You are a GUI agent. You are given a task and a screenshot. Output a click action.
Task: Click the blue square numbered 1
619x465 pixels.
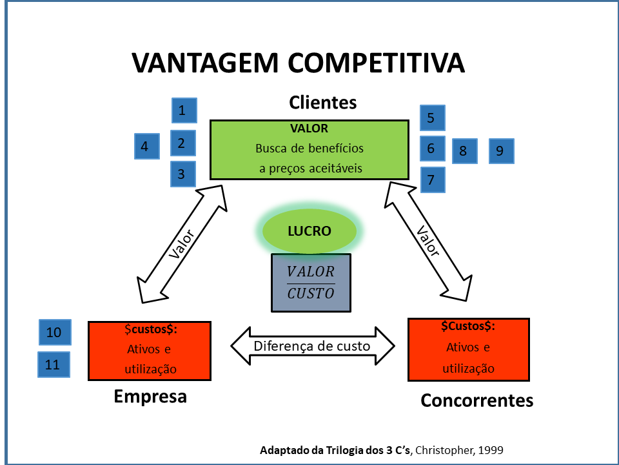coord(184,110)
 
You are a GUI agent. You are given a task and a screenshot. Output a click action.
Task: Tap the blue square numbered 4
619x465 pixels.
coord(146,146)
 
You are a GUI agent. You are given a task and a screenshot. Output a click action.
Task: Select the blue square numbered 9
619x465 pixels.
coord(501,151)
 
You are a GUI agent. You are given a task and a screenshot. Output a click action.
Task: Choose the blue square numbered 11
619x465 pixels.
coord(53,365)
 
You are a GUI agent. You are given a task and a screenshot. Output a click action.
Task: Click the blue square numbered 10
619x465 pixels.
coord(54,332)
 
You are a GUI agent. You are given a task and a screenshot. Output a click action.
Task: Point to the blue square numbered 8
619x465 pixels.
coord(464,151)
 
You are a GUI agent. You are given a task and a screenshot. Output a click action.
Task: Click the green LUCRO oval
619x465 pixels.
coord(309,231)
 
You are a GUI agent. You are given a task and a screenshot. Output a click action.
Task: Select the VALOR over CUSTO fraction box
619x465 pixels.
coord(311,282)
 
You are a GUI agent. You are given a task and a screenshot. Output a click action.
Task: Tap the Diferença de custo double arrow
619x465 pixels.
coord(312,346)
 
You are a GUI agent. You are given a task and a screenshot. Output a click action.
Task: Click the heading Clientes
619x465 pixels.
coord(322,102)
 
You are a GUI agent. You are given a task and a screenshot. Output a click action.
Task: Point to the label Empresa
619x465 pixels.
coord(150,396)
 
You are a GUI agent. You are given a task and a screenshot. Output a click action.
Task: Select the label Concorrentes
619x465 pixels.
coord(477,400)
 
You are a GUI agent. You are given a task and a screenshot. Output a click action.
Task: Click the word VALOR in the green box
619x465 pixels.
coord(309,128)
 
